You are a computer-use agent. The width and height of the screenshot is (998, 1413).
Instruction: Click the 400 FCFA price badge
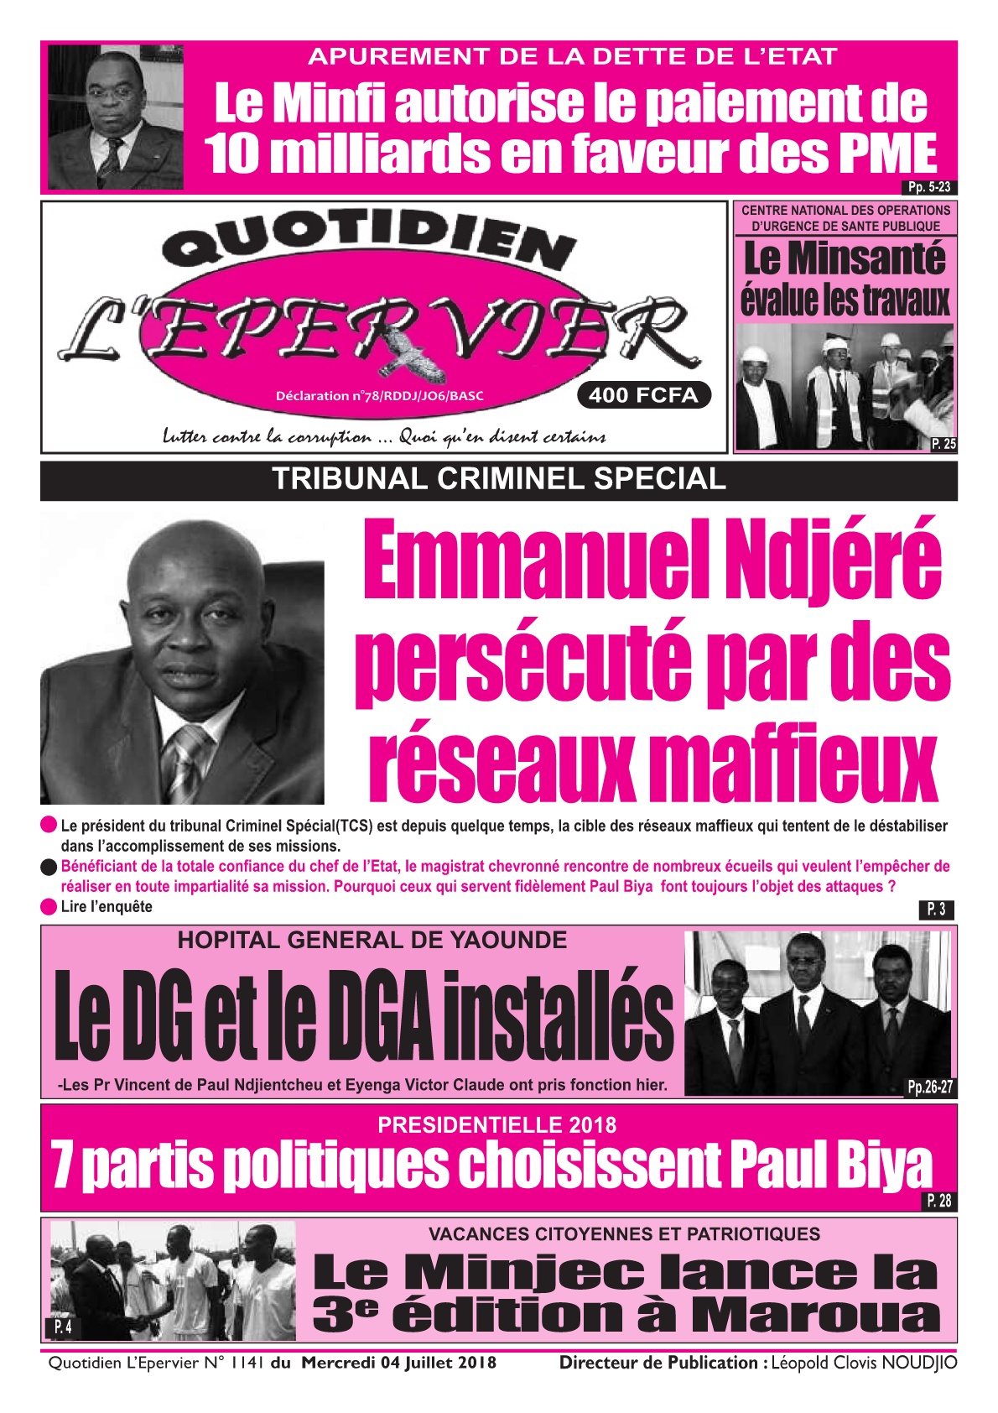pyautogui.click(x=643, y=395)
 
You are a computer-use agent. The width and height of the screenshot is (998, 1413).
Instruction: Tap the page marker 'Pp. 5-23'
pyautogui.click(x=931, y=188)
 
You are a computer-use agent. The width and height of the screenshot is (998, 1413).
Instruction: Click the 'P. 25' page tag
pyautogui.click(x=943, y=445)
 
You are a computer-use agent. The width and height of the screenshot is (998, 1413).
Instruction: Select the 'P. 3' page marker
pyautogui.click(x=936, y=909)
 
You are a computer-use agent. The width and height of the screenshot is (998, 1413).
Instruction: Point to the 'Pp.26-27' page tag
pyautogui.click(x=930, y=1087)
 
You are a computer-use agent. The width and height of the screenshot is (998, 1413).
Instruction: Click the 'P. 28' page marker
pyautogui.click(x=938, y=1202)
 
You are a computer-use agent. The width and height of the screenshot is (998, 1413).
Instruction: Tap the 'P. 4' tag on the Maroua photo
pyautogui.click(x=63, y=1327)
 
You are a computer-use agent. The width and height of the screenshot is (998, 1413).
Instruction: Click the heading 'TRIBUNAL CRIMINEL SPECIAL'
pyautogui.click(x=499, y=479)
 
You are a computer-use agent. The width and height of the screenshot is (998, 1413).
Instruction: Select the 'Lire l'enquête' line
pyautogui.click(x=107, y=906)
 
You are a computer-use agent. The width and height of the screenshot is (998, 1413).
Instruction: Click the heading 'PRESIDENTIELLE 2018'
pyautogui.click(x=496, y=1124)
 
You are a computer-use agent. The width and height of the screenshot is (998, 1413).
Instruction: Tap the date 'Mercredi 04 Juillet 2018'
pyautogui.click(x=398, y=1363)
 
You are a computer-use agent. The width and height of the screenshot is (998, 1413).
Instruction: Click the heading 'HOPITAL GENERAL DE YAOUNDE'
pyautogui.click(x=372, y=941)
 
